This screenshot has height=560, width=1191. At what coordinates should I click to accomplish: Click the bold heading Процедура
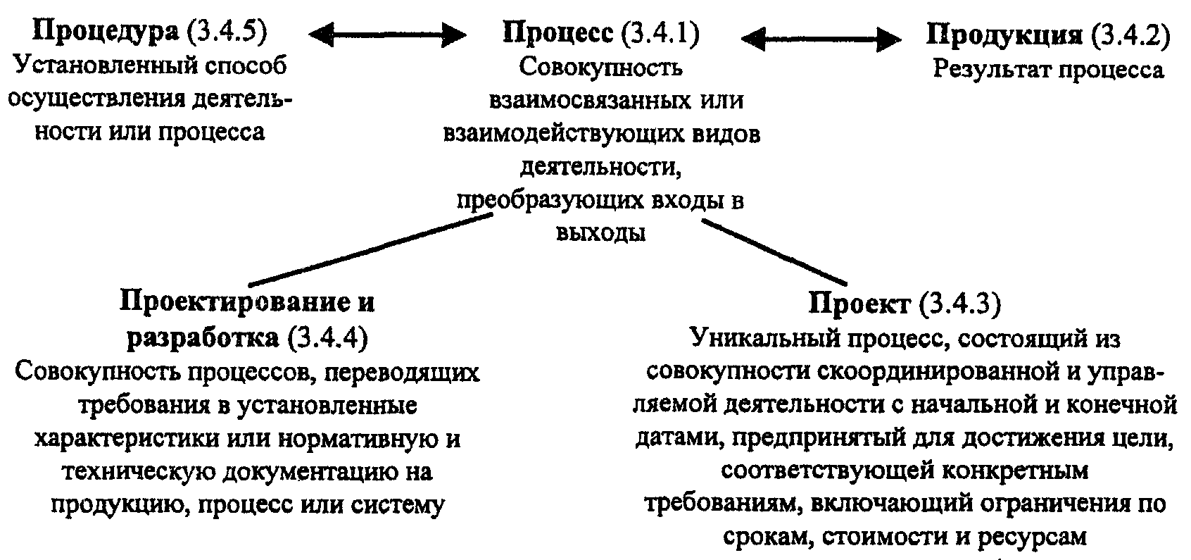click(106, 33)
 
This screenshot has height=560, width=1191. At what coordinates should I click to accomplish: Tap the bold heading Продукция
click(1004, 35)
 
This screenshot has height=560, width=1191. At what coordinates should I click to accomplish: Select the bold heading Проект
click(858, 305)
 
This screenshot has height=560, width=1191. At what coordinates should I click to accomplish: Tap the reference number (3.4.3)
click(960, 305)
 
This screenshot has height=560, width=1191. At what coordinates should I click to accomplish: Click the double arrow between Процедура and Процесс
click(388, 35)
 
